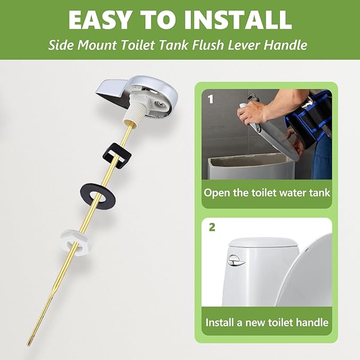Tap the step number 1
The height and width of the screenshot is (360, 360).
coord(211,99)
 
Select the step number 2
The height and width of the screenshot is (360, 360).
coord(212,227)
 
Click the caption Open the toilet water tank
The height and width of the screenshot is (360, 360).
coord(267,192)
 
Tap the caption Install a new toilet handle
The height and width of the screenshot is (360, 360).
coord(267,322)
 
